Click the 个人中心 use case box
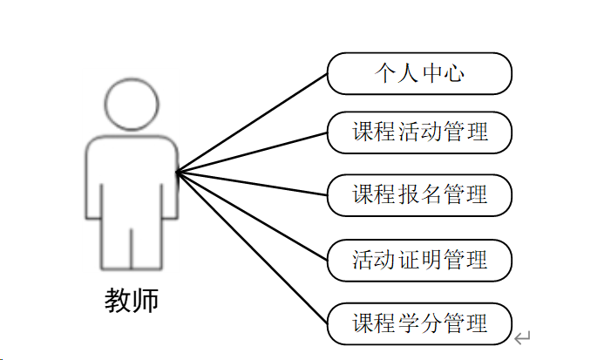[x=419, y=73]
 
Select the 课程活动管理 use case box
[x=419, y=132]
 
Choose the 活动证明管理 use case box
[x=419, y=260]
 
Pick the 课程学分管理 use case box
[x=419, y=323]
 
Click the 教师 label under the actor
[x=132, y=301]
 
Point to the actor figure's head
[x=132, y=105]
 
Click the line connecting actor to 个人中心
[x=253, y=122]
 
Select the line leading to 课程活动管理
[x=253, y=152]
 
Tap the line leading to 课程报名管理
[x=253, y=183]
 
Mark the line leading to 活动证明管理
[x=253, y=215]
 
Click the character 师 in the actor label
[x=146, y=301]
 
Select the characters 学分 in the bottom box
[x=419, y=323]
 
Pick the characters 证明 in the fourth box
[x=419, y=260]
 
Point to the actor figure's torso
[x=132, y=174]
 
